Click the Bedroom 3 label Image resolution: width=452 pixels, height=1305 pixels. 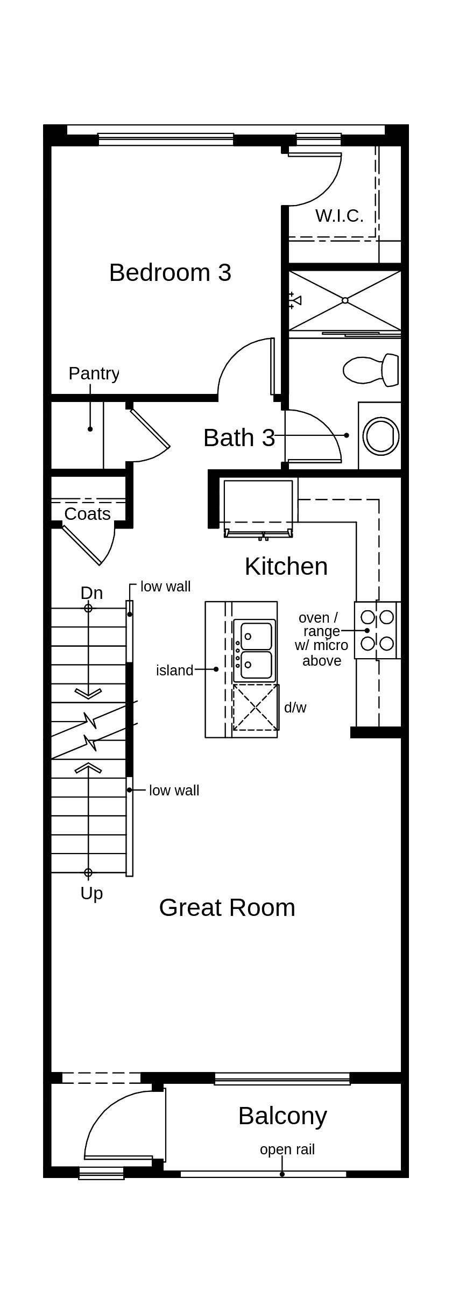pos(170,272)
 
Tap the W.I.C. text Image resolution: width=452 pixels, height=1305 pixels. pos(339,215)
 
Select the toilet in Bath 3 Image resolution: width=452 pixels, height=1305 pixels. pos(371,370)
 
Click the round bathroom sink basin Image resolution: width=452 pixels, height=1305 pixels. pos(382,435)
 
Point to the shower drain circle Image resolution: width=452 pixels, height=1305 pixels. pos(345,300)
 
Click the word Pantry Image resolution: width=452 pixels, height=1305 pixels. pos(94,373)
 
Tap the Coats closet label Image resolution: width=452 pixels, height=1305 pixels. pos(87,513)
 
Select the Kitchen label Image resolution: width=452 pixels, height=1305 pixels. pos(286,566)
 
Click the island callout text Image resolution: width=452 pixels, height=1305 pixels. pos(174,670)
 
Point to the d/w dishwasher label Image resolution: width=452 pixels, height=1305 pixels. pos(295,707)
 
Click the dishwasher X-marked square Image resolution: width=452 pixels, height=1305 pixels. pos(256,707)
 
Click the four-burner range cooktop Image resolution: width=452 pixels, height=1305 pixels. pos(377,630)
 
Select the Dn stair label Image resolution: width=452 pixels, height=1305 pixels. pos(91,592)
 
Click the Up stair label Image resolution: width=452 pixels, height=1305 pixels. pos(91,893)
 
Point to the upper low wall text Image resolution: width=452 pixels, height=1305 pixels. pos(165,586)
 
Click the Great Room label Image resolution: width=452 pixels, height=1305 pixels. pos(227,907)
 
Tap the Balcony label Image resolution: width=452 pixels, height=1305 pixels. pos(282,1116)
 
